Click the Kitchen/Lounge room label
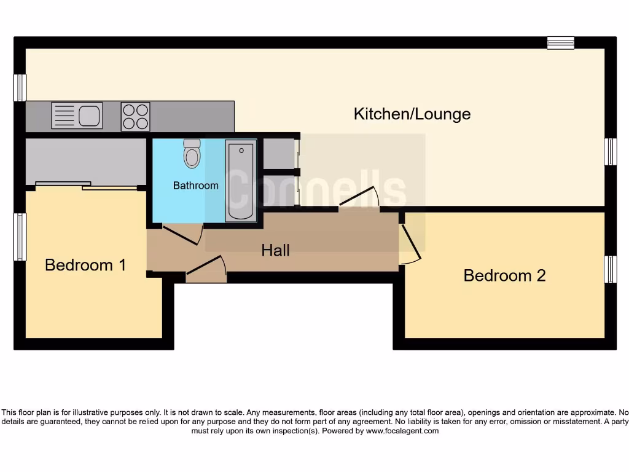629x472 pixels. coord(412,114)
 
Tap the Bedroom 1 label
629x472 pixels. coord(85,265)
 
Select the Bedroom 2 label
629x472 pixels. coord(504,275)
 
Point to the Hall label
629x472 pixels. coord(275,250)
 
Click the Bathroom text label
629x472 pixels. coord(195,185)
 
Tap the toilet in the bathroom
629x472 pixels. coord(192,154)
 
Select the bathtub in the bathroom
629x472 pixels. coord(241,181)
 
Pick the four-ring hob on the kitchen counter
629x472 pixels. coord(136,116)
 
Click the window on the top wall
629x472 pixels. coord(561,42)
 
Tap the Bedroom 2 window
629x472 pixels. coord(610,269)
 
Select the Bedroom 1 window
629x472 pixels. coord(20,237)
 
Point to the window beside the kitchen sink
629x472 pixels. coord(20,88)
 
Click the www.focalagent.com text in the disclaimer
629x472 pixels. coord(402,431)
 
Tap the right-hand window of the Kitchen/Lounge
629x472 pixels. coord(610,152)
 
